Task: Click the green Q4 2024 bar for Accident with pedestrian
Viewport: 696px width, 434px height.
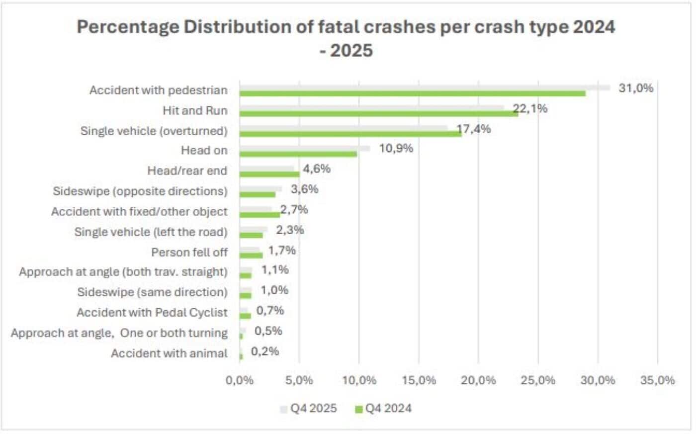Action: [x=413, y=93]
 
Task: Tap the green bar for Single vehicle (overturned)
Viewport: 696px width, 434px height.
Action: [x=350, y=134]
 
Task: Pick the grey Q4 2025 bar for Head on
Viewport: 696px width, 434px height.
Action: [x=305, y=148]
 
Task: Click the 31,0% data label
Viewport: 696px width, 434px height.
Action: [x=636, y=88]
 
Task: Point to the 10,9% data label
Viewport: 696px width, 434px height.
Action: [x=396, y=149]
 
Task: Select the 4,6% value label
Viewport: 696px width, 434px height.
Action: [x=317, y=169]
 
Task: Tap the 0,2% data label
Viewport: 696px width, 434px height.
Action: [x=264, y=351]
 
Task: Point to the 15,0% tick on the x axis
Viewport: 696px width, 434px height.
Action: [x=419, y=380]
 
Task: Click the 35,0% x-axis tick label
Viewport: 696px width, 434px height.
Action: [x=657, y=380]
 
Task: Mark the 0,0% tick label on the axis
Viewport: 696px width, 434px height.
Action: [x=240, y=380]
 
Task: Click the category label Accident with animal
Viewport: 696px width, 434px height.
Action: [x=169, y=353]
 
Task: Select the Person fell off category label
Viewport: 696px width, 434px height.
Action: [x=189, y=253]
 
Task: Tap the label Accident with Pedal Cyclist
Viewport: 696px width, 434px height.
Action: [x=152, y=313]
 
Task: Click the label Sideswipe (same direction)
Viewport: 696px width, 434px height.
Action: [x=152, y=292]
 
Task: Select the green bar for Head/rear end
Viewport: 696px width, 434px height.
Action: [x=269, y=174]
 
